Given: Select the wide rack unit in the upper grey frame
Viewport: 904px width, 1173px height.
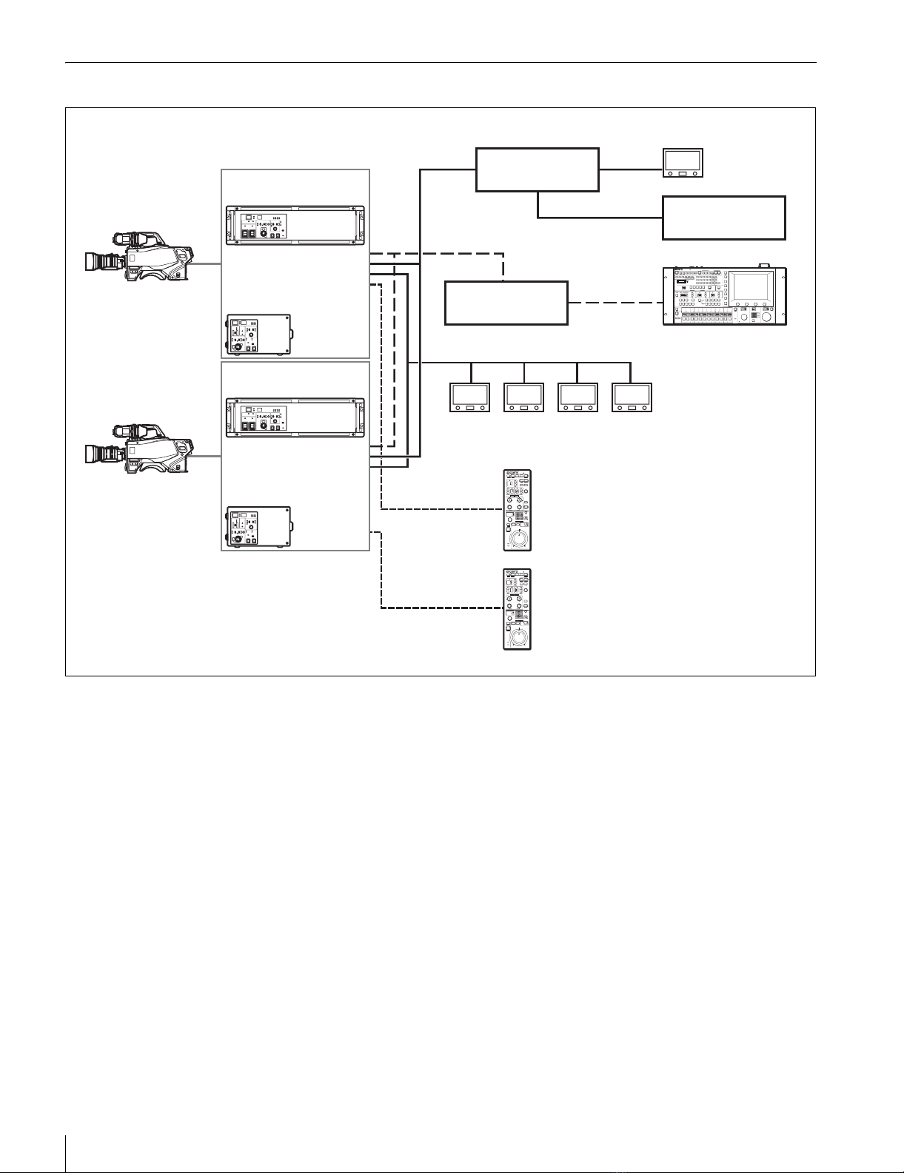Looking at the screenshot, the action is tap(295, 225).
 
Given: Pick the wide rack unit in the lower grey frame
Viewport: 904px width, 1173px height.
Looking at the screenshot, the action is tap(295, 417).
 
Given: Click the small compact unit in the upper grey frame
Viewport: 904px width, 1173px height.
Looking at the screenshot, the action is tap(258, 335).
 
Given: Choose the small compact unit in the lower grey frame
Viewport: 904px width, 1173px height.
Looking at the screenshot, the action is tap(258, 527).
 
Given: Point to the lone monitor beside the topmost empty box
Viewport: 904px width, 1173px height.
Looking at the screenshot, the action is tap(683, 163).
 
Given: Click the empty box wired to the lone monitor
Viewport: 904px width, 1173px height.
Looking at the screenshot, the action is tap(537, 169).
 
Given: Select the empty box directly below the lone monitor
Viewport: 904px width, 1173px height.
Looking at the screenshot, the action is tap(723, 218).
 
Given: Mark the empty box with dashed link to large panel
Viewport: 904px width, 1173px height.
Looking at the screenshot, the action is tap(506, 303).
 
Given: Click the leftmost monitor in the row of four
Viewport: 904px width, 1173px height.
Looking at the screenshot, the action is tap(469, 397).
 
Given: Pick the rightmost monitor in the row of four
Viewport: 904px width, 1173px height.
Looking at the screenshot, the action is tap(632, 397).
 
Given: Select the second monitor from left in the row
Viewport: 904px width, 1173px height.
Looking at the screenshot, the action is tap(523, 397).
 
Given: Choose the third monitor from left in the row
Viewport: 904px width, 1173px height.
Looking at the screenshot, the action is tap(577, 397).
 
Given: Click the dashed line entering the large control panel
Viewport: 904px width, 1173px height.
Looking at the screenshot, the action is tap(615, 303).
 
